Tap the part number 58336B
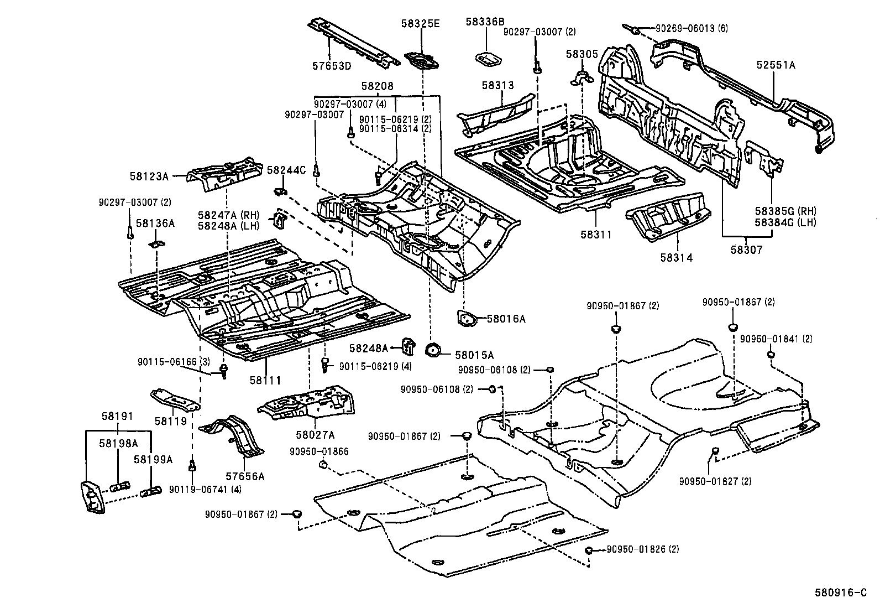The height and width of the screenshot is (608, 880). (485, 22)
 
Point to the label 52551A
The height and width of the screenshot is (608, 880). (776, 65)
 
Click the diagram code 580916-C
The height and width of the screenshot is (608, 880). (841, 593)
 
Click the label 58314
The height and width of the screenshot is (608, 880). (675, 258)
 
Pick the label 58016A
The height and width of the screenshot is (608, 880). (506, 319)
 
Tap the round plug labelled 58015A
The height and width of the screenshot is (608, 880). (432, 350)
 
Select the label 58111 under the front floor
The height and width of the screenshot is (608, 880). (265, 380)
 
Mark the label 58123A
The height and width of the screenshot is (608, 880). (149, 176)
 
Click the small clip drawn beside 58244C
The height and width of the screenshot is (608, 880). (280, 191)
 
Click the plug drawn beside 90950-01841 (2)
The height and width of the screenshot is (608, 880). (771, 354)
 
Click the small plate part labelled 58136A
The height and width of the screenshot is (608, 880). (156, 244)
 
